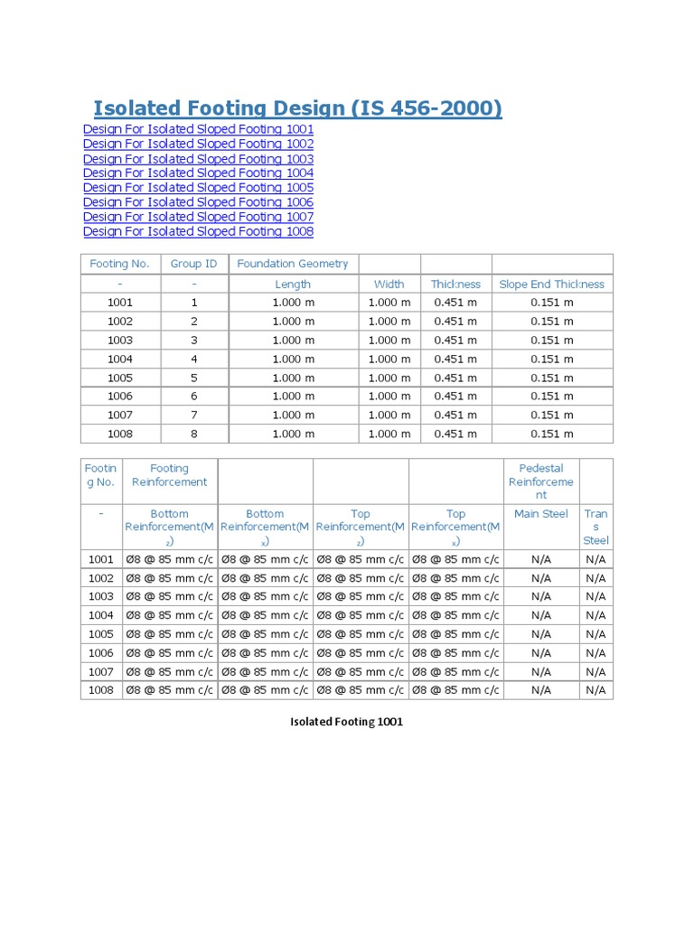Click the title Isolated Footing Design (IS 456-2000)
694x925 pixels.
[x=297, y=108]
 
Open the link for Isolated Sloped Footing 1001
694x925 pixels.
[x=198, y=129]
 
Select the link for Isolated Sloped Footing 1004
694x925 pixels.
[x=198, y=173]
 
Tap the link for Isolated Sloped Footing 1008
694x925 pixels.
[x=198, y=231]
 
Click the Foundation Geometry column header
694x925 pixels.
[x=292, y=264]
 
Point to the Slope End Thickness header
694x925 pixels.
[x=551, y=284]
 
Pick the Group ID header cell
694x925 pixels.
[x=193, y=264]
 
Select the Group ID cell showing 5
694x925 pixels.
[x=193, y=378]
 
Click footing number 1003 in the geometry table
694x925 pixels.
[x=119, y=340]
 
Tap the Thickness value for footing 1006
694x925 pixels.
[x=455, y=396]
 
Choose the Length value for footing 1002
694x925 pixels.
[x=293, y=321]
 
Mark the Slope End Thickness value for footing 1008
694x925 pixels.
[x=551, y=434]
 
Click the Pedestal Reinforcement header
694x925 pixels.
[x=540, y=481]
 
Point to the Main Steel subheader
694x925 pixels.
[x=540, y=514]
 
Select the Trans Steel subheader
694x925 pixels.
[x=596, y=527]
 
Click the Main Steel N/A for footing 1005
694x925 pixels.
[x=540, y=634]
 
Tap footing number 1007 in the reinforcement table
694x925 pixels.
[x=101, y=671]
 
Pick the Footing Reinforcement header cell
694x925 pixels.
[x=169, y=475]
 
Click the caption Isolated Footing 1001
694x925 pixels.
[x=346, y=722]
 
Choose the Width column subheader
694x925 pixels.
[x=389, y=284]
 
